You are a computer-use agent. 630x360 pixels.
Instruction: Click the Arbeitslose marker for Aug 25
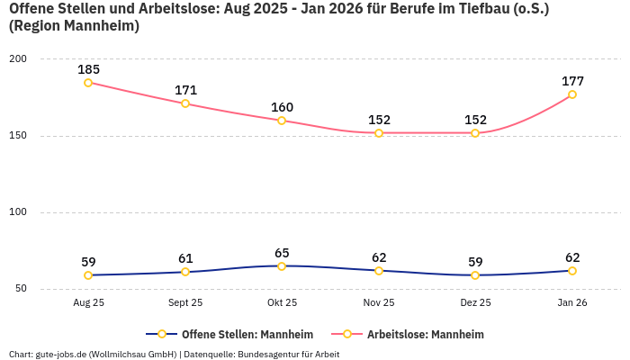(88, 83)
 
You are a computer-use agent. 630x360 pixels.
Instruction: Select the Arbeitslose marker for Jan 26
(572, 94)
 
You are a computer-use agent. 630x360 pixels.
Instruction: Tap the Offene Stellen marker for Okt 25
(282, 266)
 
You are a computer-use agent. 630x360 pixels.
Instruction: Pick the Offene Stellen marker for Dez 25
(475, 275)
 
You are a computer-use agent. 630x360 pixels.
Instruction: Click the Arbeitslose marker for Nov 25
(379, 133)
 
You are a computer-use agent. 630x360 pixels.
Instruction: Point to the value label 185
(88, 69)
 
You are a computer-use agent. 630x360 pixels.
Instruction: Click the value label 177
(572, 81)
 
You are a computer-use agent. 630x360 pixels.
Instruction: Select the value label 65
(282, 253)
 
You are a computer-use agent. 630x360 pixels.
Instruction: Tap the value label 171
(185, 90)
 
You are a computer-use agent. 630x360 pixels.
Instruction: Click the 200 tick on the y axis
(18, 59)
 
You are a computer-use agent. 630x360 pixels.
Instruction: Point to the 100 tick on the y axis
(18, 212)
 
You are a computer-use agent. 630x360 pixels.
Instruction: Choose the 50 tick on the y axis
(21, 289)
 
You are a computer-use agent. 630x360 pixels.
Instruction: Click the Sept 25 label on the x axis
(185, 303)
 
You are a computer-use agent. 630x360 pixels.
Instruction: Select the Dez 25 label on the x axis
(475, 303)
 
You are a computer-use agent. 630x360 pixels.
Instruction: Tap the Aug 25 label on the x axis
(88, 303)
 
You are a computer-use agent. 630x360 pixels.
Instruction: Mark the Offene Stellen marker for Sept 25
(185, 272)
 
